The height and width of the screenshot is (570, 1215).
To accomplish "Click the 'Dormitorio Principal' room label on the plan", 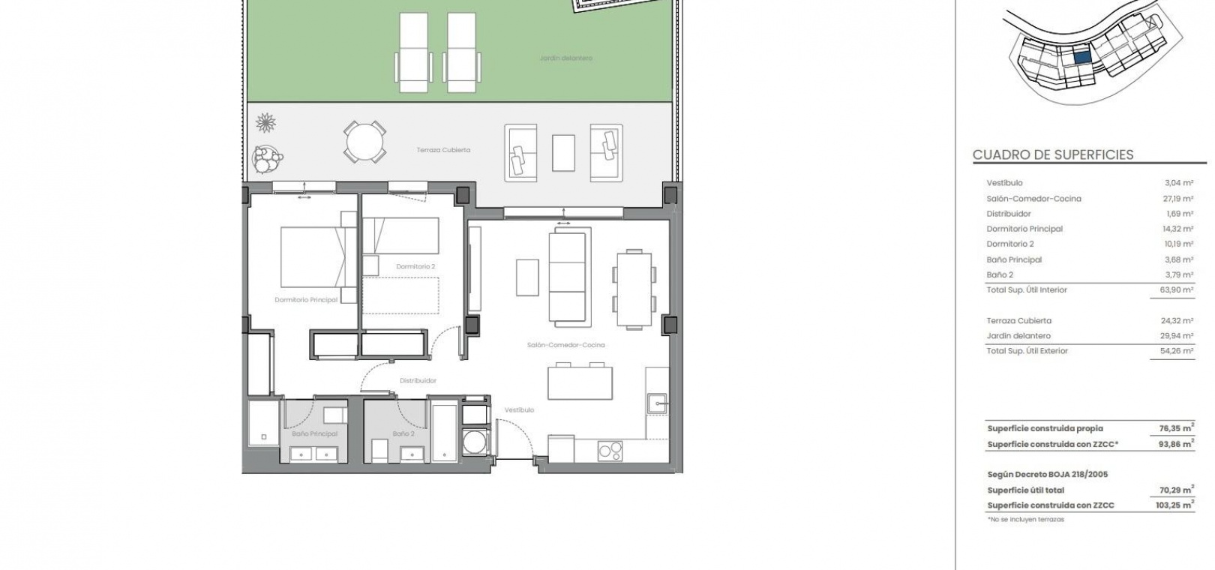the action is click(x=306, y=300).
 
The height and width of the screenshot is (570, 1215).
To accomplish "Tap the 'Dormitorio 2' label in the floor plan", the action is click(x=415, y=266).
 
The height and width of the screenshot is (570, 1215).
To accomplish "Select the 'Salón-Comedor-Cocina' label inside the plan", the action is click(x=565, y=345).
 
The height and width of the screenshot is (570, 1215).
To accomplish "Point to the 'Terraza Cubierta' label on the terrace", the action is click(x=443, y=150).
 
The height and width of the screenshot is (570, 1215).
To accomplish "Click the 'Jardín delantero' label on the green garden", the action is click(x=565, y=58).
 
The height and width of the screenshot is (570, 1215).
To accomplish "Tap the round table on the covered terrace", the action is click(x=364, y=142).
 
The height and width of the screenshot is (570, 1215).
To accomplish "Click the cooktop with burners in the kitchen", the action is click(x=610, y=451).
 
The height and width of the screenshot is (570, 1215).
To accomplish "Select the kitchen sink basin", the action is click(x=657, y=404).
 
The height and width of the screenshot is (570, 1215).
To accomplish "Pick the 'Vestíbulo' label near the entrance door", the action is click(x=519, y=410).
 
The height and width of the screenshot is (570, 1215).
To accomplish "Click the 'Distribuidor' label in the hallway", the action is click(x=418, y=381).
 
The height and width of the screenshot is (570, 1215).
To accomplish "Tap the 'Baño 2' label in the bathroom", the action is click(x=403, y=433).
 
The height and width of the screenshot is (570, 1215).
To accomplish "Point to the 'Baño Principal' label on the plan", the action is click(x=314, y=433).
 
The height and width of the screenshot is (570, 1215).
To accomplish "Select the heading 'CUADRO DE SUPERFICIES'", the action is click(x=1053, y=154).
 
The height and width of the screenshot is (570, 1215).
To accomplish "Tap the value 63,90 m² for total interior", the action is click(x=1177, y=289).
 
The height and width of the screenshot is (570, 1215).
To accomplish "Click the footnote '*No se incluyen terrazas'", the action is click(x=1026, y=520).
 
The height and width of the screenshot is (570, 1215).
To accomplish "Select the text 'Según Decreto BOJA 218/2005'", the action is click(x=1048, y=475).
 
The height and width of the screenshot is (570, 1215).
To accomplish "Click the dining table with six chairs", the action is click(x=634, y=289).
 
